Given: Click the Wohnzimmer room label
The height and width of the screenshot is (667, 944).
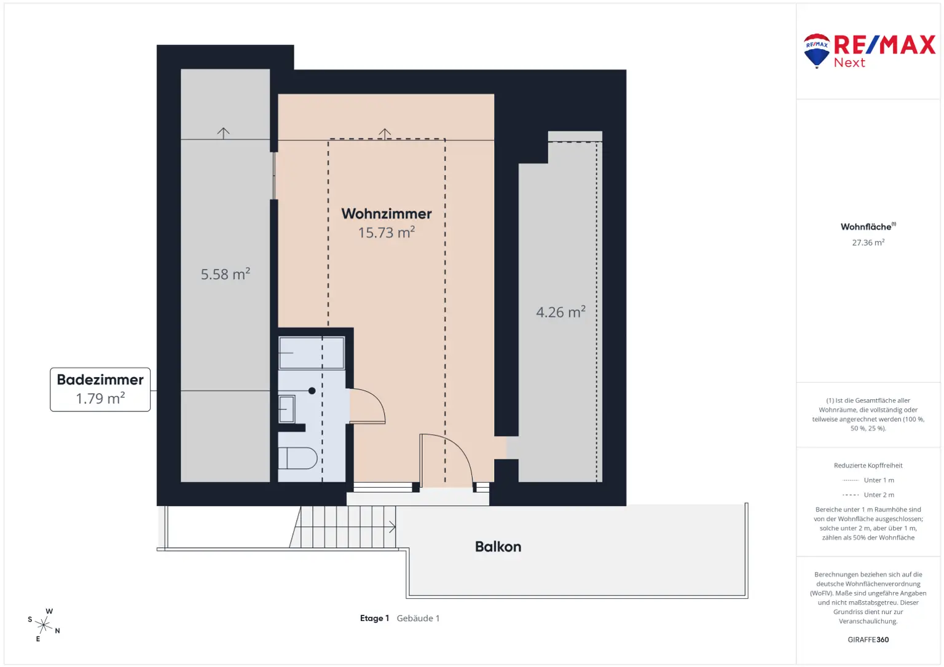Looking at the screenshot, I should tap(386, 214).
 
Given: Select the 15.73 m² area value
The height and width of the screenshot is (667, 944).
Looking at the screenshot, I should tap(386, 233).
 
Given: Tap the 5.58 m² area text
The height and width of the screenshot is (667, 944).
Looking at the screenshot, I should tap(225, 274).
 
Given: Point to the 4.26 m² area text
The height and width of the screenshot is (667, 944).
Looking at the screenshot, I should tap(560, 312).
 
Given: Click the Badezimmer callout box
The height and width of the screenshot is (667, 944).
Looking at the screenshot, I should tap(100, 389).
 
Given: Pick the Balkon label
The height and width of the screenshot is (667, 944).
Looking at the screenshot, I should tap(498, 547).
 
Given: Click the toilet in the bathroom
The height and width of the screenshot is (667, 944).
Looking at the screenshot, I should tap(298, 458).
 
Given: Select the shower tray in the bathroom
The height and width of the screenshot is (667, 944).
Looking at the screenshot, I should tap(312, 353).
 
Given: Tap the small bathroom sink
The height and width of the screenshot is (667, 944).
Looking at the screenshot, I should tap(286, 409).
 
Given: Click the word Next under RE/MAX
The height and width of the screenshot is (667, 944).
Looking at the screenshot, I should tap(849, 63).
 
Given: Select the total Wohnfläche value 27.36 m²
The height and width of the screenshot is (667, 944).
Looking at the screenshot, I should tap(868, 243).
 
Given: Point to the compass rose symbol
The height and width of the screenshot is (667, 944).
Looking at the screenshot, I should tap(44, 625).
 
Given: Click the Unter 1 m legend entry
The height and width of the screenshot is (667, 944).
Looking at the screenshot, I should tap(868, 480).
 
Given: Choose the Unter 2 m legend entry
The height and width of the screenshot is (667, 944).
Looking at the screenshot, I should tap(868, 495).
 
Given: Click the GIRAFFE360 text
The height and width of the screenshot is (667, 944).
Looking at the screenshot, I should tap(868, 639).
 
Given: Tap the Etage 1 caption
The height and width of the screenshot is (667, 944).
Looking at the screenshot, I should tap(374, 618).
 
